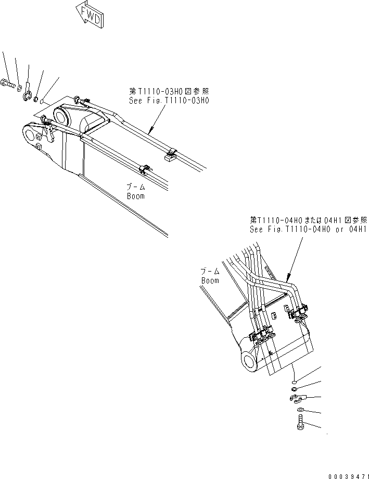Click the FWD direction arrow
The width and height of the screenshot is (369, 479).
(x=90, y=13)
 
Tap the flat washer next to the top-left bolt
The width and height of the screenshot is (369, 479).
(x=19, y=85)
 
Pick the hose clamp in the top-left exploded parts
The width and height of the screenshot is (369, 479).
(x=28, y=94)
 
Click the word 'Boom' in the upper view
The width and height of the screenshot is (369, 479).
(x=135, y=196)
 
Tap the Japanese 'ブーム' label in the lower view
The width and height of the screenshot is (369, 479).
(x=211, y=272)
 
